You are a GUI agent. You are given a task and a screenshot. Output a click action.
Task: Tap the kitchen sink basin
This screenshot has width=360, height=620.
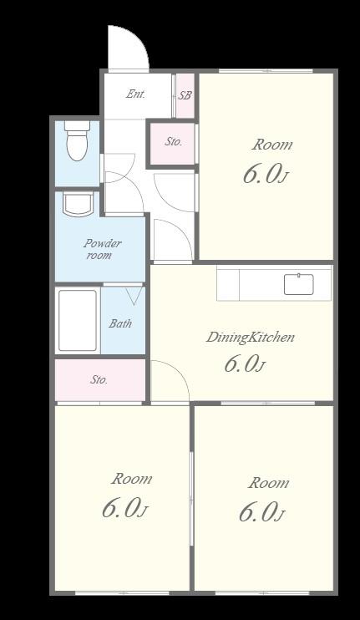[299, 284]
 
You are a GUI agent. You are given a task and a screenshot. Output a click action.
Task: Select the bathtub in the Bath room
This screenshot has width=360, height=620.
[78, 320]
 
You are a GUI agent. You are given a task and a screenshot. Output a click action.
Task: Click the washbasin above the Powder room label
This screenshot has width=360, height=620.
[79, 205]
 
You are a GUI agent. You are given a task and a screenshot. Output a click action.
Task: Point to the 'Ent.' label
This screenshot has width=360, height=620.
[136, 94]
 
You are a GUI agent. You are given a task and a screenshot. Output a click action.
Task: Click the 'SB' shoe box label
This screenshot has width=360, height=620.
[185, 95]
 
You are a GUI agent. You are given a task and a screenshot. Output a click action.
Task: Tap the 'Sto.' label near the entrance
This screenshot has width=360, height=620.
[173, 141]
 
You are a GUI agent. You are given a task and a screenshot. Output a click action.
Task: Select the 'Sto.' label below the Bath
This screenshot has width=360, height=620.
[99, 379]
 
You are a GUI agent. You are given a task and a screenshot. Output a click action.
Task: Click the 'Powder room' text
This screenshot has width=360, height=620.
[102, 249]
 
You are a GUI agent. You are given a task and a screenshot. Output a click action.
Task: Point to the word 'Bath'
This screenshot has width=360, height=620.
[120, 323]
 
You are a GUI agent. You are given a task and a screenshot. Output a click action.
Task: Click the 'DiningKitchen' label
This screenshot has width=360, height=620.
[251, 337]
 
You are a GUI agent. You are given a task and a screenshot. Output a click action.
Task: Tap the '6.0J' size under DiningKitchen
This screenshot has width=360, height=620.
[244, 363]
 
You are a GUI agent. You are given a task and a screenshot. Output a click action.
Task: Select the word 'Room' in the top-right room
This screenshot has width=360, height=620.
[272, 145]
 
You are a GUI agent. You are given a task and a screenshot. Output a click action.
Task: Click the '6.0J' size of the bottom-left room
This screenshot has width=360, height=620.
[124, 509]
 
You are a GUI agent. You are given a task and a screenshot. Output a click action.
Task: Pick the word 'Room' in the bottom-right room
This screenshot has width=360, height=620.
[268, 483]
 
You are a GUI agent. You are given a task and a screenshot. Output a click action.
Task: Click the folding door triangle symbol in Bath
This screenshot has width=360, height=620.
[134, 296]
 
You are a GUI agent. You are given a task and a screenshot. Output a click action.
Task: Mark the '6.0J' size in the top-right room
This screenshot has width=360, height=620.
[264, 174]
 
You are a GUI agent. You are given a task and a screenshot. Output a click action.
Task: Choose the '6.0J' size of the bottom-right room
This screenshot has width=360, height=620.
[261, 512]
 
